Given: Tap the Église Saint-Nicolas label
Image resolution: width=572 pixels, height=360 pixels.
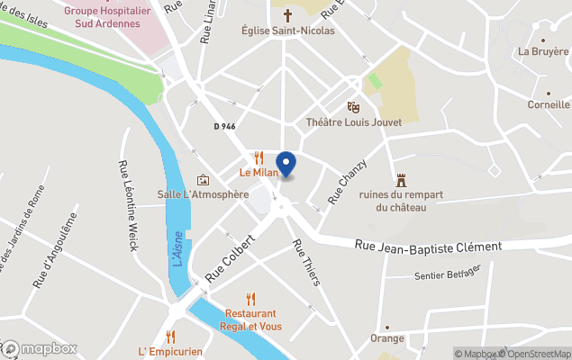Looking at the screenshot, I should pos(288,31).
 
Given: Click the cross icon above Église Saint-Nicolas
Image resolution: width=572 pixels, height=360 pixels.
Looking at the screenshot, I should pos(288,15).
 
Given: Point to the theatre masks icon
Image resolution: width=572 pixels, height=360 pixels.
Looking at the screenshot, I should pos(353,108).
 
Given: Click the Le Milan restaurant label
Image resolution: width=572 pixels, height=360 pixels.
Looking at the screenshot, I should pos(258,172).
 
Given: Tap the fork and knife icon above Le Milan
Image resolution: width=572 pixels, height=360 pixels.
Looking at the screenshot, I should pos(259,157).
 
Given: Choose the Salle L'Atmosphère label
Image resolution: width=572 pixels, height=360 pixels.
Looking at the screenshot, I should pos(203,194).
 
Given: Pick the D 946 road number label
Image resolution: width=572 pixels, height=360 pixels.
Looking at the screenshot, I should pos(224,127).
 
